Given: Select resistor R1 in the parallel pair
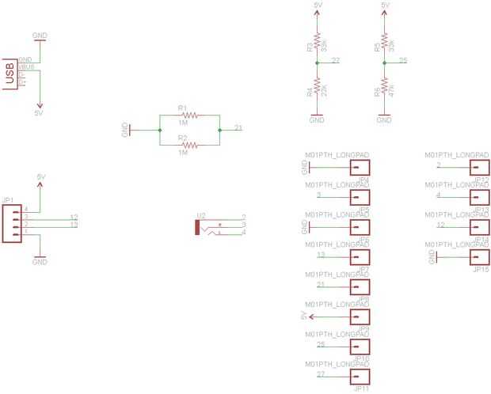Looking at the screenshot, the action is pyautogui.click(x=188, y=115).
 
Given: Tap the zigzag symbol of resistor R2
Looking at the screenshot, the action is pyautogui.click(x=188, y=145).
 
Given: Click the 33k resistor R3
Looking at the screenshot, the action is pyautogui.click(x=317, y=42).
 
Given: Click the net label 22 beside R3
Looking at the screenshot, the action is pyautogui.click(x=336, y=60).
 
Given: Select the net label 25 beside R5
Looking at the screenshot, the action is pyautogui.click(x=403, y=60).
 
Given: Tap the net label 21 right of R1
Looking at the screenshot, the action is pyautogui.click(x=238, y=128).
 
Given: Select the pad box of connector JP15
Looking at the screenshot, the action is pyautogui.click(x=479, y=258).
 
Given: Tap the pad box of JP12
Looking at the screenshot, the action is pyautogui.click(x=479, y=168).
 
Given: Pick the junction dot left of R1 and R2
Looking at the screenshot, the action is pyautogui.click(x=160, y=130).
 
